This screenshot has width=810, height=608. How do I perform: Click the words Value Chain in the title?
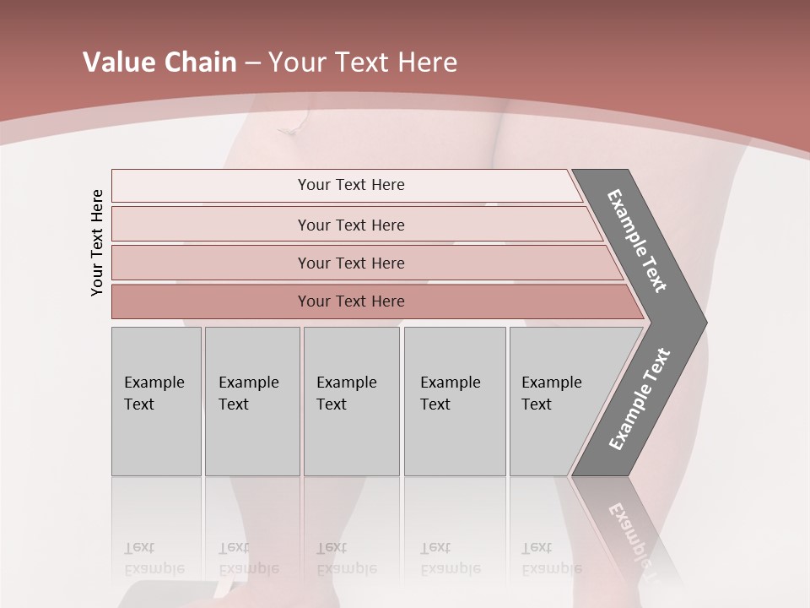(159, 62)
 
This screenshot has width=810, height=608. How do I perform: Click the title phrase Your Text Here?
(363, 62)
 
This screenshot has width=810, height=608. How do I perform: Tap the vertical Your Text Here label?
(97, 242)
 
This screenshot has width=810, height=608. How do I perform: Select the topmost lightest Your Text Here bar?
(351, 185)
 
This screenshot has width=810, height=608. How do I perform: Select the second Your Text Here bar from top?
(351, 225)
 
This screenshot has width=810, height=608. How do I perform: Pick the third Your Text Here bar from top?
(351, 263)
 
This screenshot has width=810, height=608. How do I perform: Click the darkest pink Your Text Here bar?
(351, 301)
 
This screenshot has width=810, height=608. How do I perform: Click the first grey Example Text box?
(156, 401)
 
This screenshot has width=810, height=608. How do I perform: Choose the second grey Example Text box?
(252, 401)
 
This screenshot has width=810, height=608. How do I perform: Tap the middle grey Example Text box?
(351, 401)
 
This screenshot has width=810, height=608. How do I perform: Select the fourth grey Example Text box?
(455, 401)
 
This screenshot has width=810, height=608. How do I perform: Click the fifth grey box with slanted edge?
(557, 401)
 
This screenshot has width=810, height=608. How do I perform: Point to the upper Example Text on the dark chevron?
(637, 241)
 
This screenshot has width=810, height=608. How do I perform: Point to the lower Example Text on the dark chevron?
(639, 399)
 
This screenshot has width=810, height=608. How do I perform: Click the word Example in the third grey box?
(346, 383)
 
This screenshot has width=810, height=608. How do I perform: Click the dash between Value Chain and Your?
(252, 63)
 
